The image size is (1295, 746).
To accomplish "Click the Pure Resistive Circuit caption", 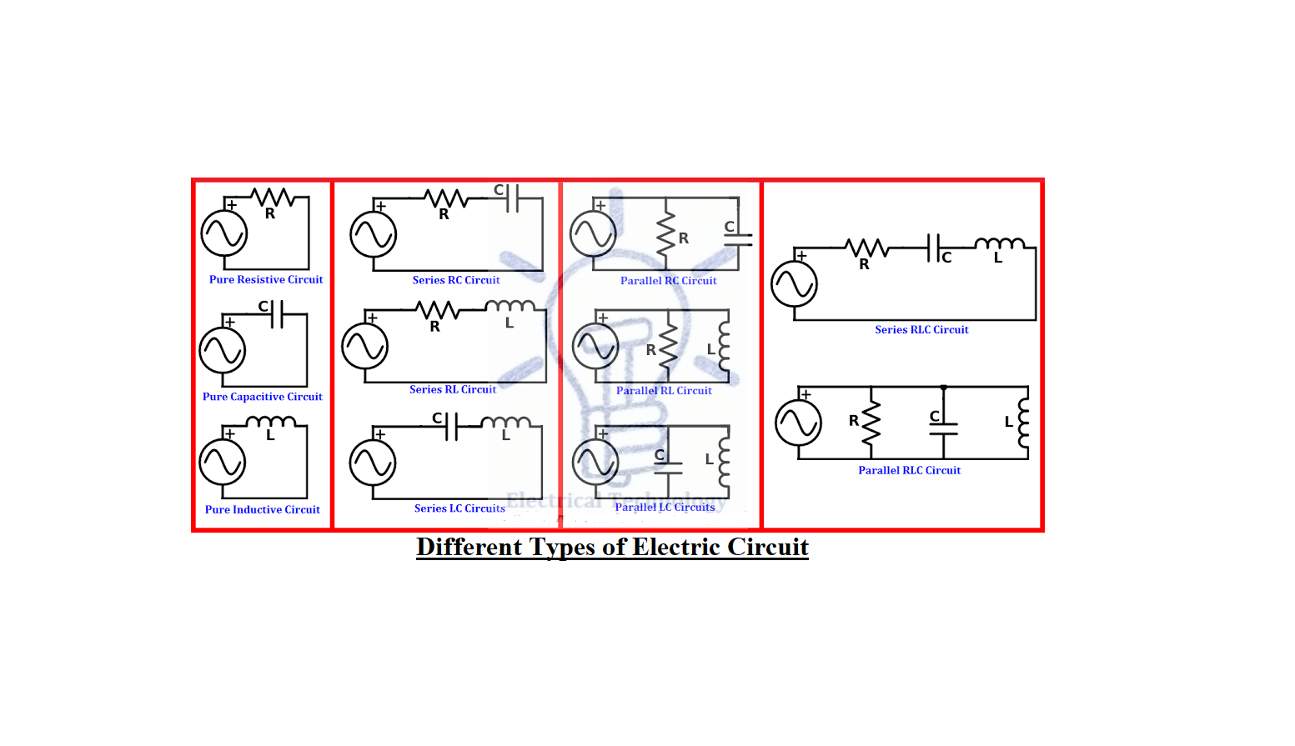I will click(266, 280).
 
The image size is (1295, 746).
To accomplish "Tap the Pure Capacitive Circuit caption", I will click(262, 397).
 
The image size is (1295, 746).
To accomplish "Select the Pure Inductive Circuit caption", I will click(263, 509).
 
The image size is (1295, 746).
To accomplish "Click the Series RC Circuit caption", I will click(456, 280).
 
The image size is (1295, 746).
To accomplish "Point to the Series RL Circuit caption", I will click(453, 389).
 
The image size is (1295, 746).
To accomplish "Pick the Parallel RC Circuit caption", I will click(668, 281).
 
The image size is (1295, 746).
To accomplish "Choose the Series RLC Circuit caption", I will click(921, 329).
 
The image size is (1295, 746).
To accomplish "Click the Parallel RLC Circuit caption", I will click(909, 470).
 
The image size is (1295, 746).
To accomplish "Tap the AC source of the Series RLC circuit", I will click(794, 284).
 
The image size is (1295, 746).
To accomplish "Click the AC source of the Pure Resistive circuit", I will click(224, 233).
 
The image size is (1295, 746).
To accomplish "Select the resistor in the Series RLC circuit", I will click(867, 248).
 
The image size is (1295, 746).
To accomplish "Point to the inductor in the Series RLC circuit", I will click(1000, 244).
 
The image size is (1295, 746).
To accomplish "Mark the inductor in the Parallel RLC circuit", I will click(1023, 423).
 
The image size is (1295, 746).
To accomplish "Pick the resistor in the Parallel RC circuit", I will click(666, 236).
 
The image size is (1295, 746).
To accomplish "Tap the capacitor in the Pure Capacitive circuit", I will click(277, 314).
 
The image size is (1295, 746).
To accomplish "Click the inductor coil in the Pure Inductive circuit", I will click(270, 422).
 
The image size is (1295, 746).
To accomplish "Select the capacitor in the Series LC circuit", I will click(451, 427).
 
